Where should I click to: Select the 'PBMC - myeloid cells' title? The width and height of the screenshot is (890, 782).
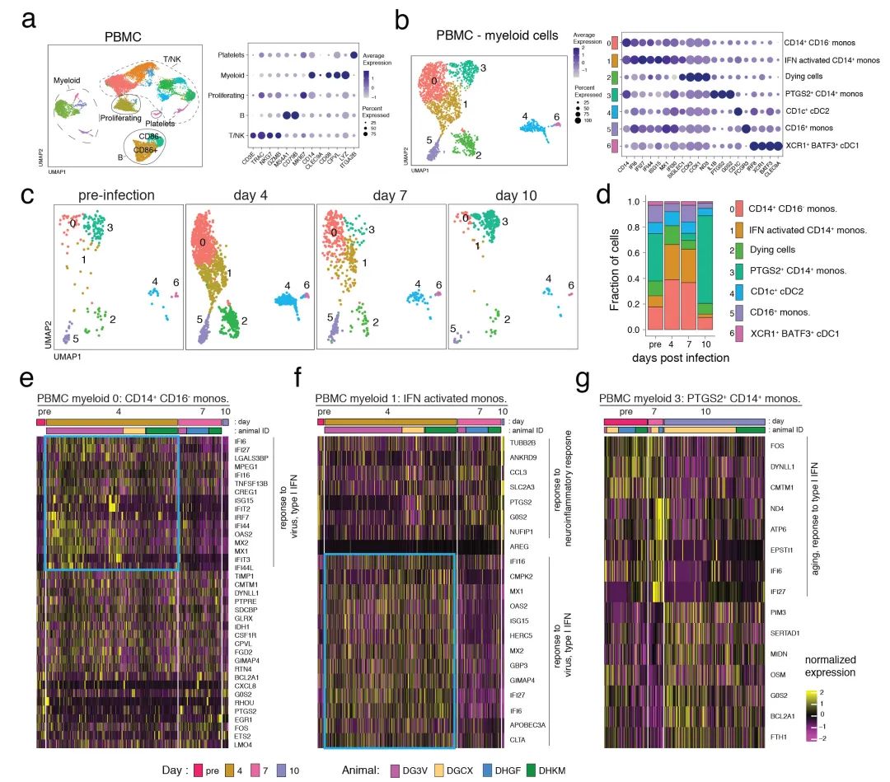click(x=497, y=35)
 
